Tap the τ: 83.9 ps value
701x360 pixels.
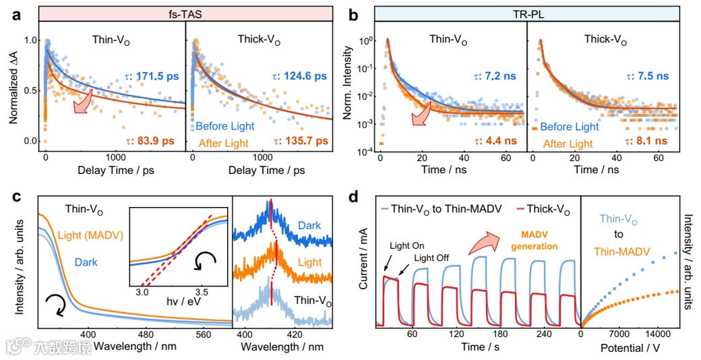151,142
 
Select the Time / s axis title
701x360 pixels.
477,347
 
